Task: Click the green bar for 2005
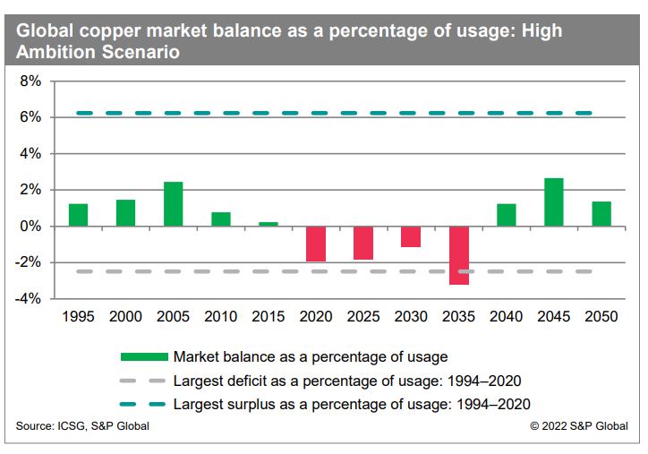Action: [x=174, y=204]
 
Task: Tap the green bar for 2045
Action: [x=554, y=202]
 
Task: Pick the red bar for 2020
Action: [x=316, y=244]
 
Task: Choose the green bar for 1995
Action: [x=78, y=215]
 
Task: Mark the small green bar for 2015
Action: [x=269, y=224]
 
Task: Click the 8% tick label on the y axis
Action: [x=30, y=81]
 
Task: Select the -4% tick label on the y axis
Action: [x=27, y=299]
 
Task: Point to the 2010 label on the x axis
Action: [x=221, y=317]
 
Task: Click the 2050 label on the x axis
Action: [x=601, y=317]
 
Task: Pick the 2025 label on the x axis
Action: [x=363, y=317]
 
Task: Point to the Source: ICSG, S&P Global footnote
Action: [x=82, y=426]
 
